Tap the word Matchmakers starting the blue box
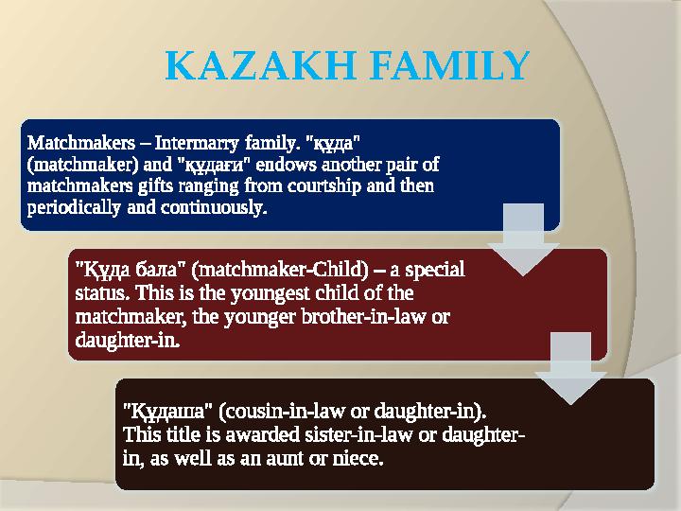(x=80, y=145)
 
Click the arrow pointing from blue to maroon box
(x=523, y=241)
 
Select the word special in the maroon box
(x=436, y=270)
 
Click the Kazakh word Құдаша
(x=167, y=414)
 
